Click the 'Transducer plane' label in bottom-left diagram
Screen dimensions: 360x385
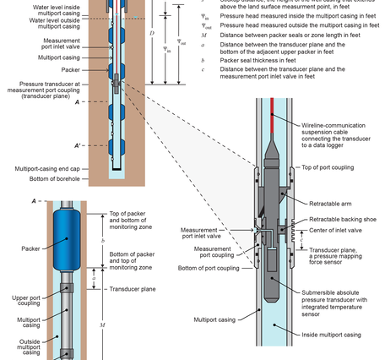coord(133,289)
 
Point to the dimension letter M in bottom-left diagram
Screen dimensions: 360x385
coord(102,325)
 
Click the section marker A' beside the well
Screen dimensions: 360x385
coord(78,145)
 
